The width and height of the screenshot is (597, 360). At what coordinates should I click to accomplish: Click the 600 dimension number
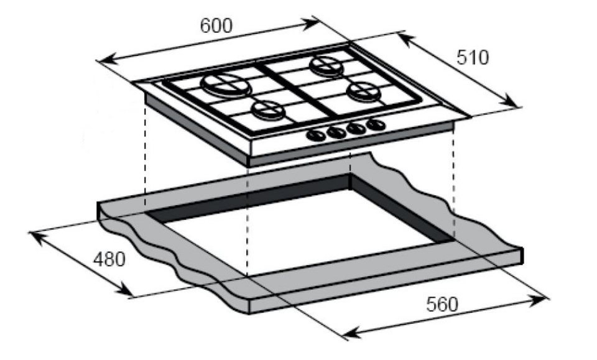[x=216, y=25]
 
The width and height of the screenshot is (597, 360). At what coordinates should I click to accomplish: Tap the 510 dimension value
[x=473, y=57]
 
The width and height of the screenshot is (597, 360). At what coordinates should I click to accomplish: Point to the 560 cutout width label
[x=442, y=304]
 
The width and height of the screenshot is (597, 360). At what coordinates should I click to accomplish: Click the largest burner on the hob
[x=222, y=84]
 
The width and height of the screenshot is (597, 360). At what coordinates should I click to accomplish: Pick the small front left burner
[x=267, y=111]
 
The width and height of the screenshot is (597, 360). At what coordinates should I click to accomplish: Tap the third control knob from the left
[x=356, y=129]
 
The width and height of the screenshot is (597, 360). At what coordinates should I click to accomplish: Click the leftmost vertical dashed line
[x=145, y=155]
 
